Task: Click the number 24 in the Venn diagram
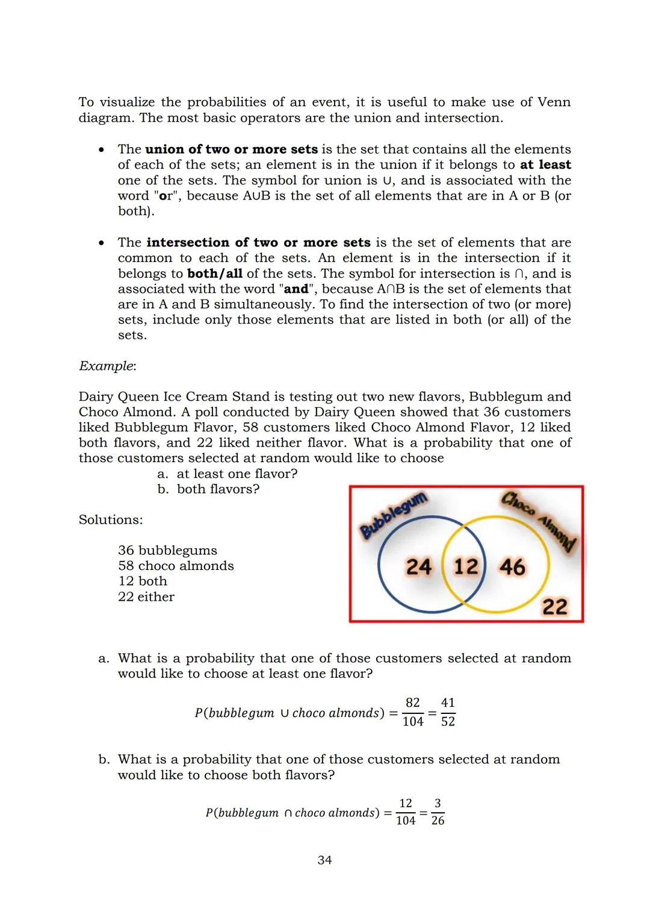pos(419,567)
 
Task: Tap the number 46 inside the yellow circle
pos(512,567)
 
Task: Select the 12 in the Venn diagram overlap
pos(465,567)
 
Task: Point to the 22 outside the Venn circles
pos(554,606)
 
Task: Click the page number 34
pos(324,860)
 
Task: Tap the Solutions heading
pos(111,519)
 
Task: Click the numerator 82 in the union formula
pos(413,703)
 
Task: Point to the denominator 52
pos(448,721)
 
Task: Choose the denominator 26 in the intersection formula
pos(438,821)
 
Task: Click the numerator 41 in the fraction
pos(448,703)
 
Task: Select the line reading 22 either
pos(146,596)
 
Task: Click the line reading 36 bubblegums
pos(167,550)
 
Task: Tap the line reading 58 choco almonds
pos(176,566)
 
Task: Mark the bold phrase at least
pos(545,164)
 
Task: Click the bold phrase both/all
pos(215,274)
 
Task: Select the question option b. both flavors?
pos(208,489)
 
